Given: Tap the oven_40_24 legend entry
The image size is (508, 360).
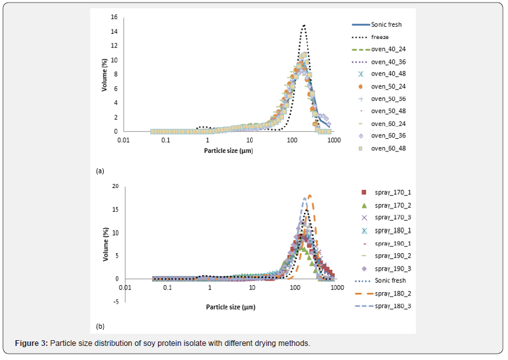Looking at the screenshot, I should pyautogui.click(x=387, y=49).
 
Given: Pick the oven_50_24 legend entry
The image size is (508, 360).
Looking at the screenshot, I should pyautogui.click(x=387, y=86).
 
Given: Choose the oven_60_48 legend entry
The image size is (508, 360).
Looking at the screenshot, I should pyautogui.click(x=387, y=148).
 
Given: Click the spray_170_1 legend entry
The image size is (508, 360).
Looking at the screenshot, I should pyautogui.click(x=390, y=192).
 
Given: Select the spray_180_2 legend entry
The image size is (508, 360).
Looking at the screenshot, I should pyautogui.click(x=390, y=293).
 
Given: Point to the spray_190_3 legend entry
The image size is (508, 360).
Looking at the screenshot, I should pyautogui.click(x=390, y=269).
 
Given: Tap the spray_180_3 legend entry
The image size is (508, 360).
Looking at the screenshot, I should pyautogui.click(x=390, y=306).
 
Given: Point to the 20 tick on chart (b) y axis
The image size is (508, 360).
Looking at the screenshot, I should pyautogui.click(x=115, y=187).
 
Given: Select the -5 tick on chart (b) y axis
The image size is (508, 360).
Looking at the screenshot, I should pyautogui.click(x=115, y=302).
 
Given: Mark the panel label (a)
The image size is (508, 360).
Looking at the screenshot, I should pyautogui.click(x=100, y=171).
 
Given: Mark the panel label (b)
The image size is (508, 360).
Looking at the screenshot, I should pyautogui.click(x=100, y=327).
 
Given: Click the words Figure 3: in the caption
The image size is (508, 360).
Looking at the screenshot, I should pyautogui.click(x=31, y=343).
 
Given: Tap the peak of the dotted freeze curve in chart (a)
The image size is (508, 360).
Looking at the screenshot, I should pyautogui.click(x=304, y=26).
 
